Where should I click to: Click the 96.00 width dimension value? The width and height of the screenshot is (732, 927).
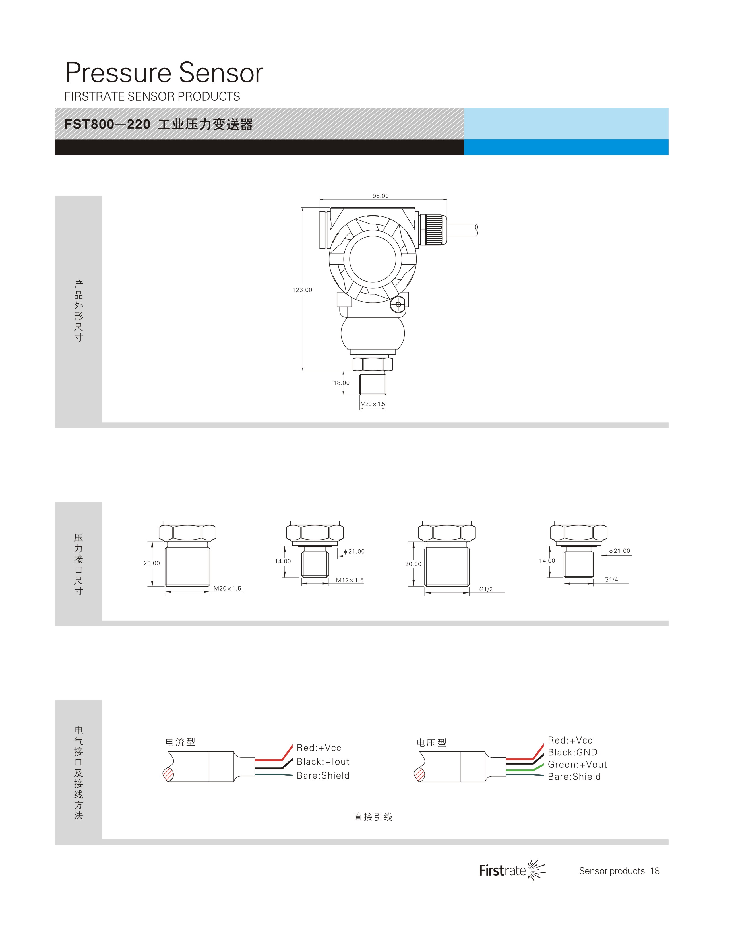pos(380,196)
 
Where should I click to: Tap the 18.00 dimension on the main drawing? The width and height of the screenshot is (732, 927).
pos(342,383)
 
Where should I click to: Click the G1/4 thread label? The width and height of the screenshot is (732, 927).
pos(611,579)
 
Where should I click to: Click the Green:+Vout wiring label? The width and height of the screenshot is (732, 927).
pos(577,765)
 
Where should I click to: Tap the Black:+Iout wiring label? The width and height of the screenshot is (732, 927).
pos(323,761)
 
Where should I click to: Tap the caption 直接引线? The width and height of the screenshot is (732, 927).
pos(373,817)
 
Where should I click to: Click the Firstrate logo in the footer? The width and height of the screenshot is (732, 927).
pos(512,870)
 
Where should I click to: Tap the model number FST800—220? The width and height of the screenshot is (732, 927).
pos(107,124)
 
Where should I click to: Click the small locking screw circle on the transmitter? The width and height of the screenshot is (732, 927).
pos(398,305)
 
